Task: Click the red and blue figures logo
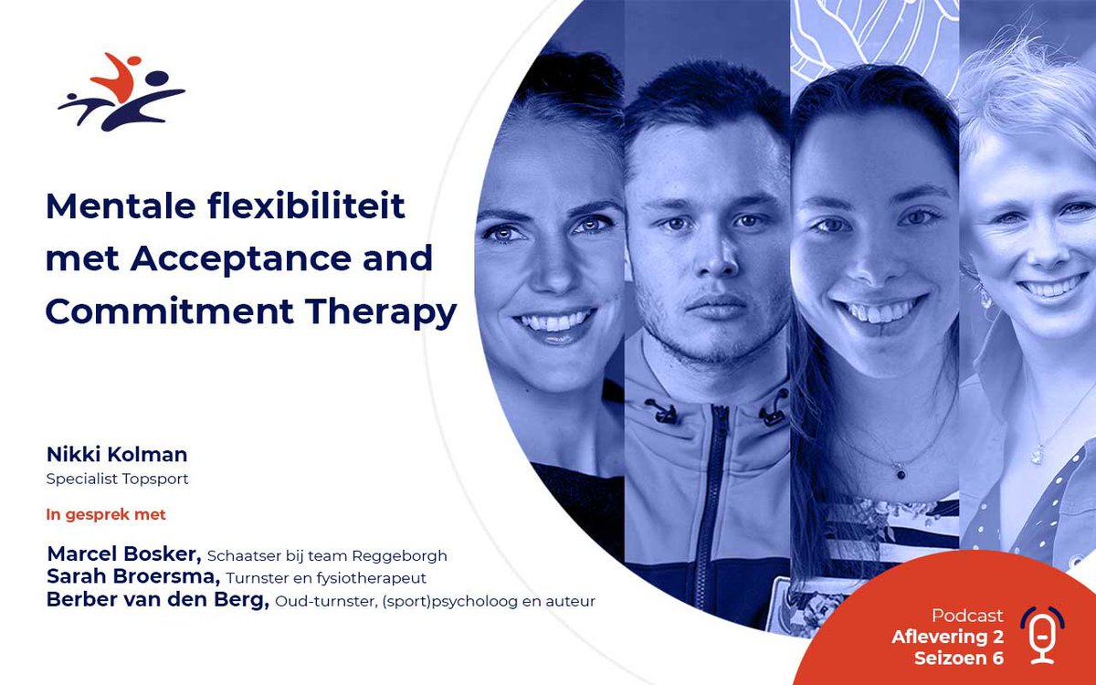point(121,92)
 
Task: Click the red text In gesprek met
point(106,514)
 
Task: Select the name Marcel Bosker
point(124,554)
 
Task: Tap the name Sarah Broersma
point(132,577)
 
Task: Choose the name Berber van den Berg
point(157,601)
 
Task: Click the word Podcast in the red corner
point(967,616)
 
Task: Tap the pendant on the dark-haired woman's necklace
point(901,473)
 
